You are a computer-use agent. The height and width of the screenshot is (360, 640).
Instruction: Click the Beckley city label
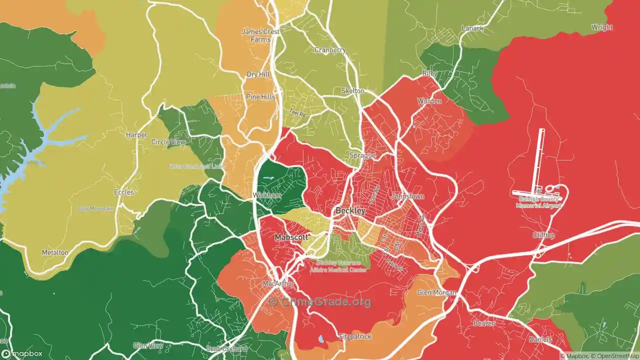click(350, 211)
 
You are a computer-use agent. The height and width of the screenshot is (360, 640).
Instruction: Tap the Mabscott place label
click(290, 236)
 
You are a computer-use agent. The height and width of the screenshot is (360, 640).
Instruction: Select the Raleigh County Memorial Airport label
click(537, 202)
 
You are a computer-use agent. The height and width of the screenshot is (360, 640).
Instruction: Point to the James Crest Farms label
click(260, 35)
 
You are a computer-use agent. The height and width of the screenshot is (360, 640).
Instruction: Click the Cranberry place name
click(330, 50)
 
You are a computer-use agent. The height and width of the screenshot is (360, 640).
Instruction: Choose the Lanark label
click(472, 28)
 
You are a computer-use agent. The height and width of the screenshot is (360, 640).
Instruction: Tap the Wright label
click(601, 27)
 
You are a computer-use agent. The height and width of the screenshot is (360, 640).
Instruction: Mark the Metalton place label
click(55, 252)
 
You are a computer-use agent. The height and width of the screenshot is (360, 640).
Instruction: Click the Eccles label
click(124, 192)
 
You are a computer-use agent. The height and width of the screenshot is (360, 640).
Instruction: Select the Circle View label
click(168, 142)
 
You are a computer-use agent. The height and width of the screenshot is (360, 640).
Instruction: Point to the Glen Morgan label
click(437, 292)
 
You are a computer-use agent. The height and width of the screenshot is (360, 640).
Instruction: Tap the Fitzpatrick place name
click(355, 336)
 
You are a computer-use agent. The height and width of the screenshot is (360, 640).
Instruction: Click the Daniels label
click(541, 340)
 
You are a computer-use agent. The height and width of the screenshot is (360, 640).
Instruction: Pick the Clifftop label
click(543, 235)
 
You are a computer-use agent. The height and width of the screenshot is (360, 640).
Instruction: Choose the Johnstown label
click(407, 196)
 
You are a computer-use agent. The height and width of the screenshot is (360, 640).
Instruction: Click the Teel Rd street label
click(298, 113)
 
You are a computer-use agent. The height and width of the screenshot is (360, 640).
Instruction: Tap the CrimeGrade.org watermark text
click(319, 301)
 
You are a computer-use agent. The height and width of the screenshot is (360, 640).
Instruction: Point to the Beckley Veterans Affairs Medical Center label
click(342, 266)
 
